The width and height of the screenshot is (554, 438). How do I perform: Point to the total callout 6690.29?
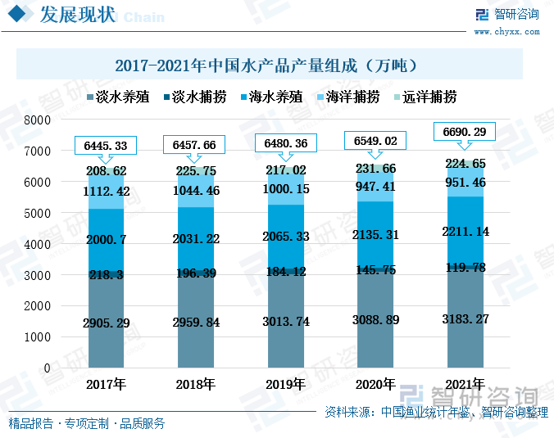(464, 132)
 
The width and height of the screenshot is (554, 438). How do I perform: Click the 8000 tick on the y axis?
(37, 120)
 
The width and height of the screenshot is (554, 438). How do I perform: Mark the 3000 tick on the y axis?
(37, 275)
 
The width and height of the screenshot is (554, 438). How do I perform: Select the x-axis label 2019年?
(284, 384)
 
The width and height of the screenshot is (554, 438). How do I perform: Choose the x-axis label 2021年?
(464, 384)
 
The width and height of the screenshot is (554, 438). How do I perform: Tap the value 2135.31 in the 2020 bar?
(375, 234)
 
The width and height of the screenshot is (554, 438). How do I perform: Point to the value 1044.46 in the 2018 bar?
(195, 191)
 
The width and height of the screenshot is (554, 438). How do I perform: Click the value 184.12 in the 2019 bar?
(284, 271)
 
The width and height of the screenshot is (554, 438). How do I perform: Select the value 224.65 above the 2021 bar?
(464, 164)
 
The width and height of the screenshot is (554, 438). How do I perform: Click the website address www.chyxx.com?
(506, 32)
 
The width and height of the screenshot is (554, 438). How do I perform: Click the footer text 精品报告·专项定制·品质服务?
(87, 423)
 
